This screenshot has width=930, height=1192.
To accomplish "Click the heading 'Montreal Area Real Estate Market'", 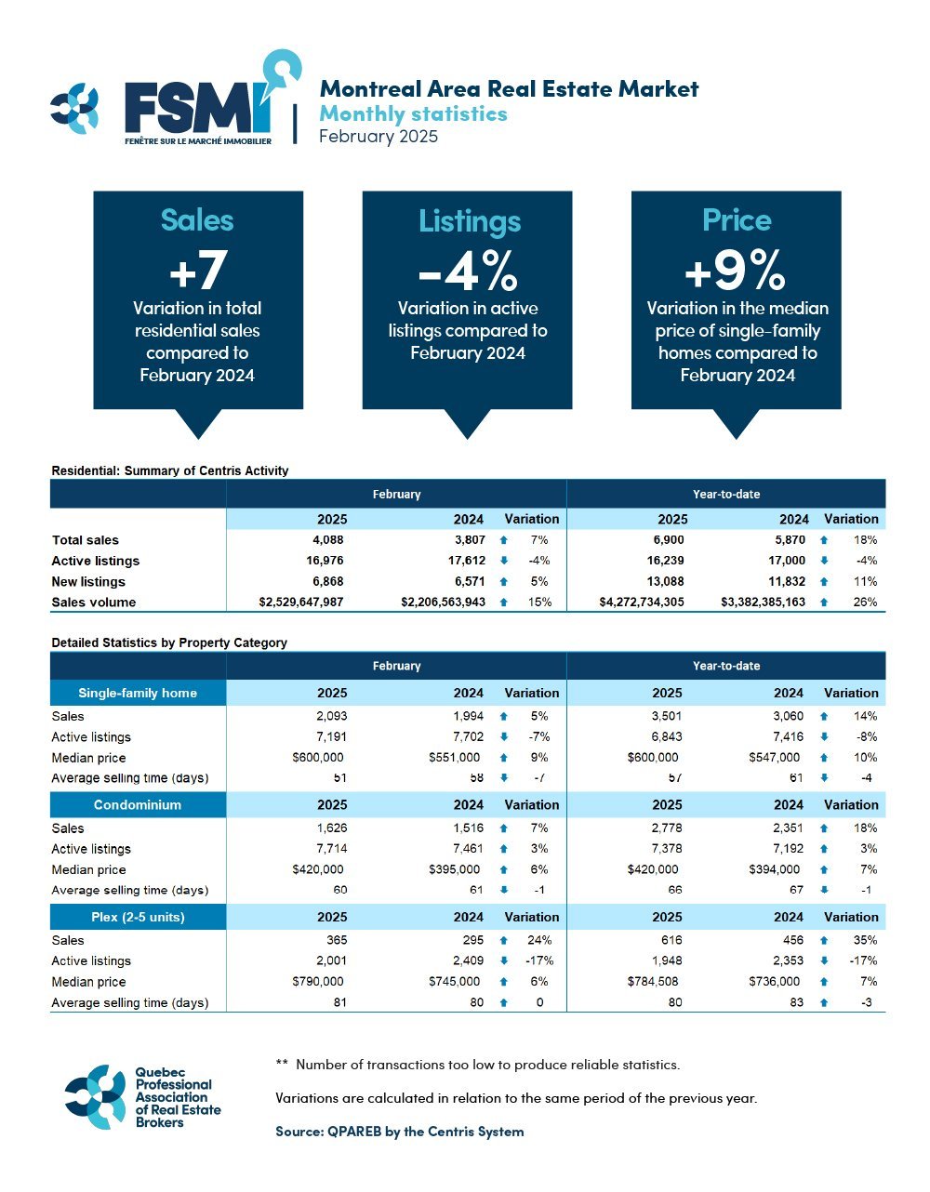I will [x=509, y=89].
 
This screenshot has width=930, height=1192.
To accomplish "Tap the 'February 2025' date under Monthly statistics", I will [x=378, y=137].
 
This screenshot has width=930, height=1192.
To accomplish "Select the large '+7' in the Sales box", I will [x=198, y=270].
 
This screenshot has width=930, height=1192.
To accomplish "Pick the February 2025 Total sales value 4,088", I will [x=326, y=540].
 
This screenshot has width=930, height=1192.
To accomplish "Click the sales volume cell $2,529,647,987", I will [x=301, y=603].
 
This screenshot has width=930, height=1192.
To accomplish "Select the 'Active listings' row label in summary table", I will [x=96, y=561].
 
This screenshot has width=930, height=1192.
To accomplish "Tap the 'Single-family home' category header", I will [x=138, y=693].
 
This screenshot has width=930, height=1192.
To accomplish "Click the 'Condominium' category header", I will [x=138, y=805].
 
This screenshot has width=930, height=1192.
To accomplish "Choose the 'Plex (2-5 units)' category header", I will [x=138, y=917].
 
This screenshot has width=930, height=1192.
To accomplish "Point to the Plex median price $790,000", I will [x=318, y=982].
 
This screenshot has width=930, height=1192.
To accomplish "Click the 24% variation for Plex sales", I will [x=539, y=940].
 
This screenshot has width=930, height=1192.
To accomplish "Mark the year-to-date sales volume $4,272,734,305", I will [x=642, y=603].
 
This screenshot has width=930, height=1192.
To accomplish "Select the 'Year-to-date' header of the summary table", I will [x=726, y=494].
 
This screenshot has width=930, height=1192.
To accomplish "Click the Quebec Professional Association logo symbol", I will [x=95, y=1097].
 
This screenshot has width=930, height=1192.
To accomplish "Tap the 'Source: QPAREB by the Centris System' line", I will [x=400, y=1132].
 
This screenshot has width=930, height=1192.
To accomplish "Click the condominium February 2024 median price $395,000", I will [x=455, y=869].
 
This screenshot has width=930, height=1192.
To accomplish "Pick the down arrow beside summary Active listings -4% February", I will [x=503, y=561].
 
